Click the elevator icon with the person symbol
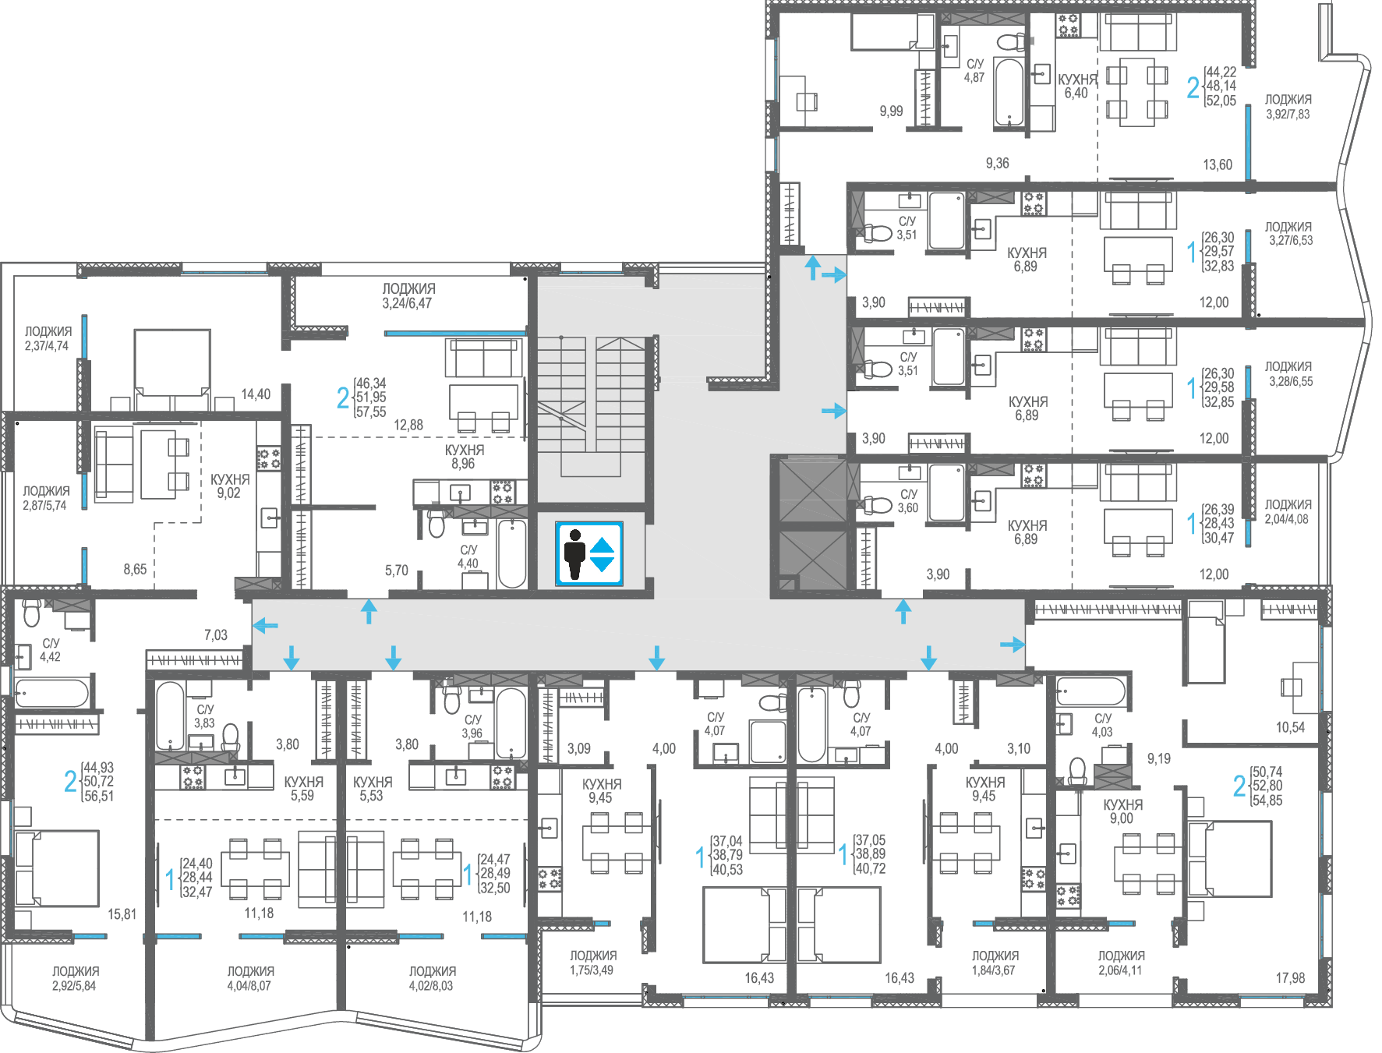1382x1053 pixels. click(x=589, y=554)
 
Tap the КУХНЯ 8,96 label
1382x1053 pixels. click(x=464, y=457)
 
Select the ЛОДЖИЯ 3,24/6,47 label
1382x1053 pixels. click(x=408, y=296)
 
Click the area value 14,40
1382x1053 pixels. click(x=256, y=394)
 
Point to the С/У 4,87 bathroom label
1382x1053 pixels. click(x=974, y=71)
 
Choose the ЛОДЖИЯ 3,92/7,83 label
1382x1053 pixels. click(x=1288, y=107)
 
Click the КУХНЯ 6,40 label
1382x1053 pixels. click(x=1076, y=87)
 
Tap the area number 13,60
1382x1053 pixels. click(x=1218, y=164)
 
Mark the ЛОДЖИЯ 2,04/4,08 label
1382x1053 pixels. click(x=1287, y=512)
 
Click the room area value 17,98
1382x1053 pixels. click(x=1290, y=978)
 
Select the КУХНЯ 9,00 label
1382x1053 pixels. click(x=1122, y=811)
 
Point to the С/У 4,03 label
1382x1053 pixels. click(x=1102, y=725)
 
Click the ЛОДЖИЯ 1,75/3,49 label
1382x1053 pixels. click(x=592, y=963)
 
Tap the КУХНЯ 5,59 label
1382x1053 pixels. click(x=303, y=789)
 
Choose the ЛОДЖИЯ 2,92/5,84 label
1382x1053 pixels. click(x=75, y=978)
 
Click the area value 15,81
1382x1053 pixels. click(x=122, y=914)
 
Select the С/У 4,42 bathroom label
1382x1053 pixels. click(x=51, y=650)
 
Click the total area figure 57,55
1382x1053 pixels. click(x=371, y=412)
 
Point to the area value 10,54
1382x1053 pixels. click(x=1290, y=727)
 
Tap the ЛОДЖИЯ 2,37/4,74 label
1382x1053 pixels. click(x=48, y=339)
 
